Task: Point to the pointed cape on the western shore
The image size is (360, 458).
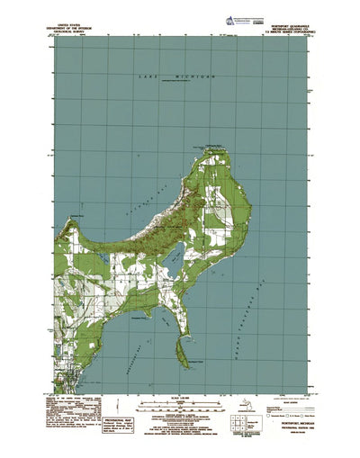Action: point(75,219)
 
